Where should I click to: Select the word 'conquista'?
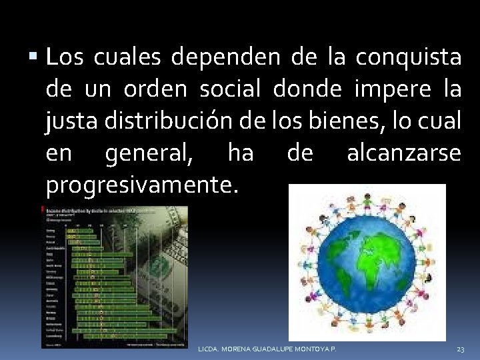pos(408,58)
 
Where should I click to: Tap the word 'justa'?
pos(70,121)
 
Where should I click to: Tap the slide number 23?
pos(460,349)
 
